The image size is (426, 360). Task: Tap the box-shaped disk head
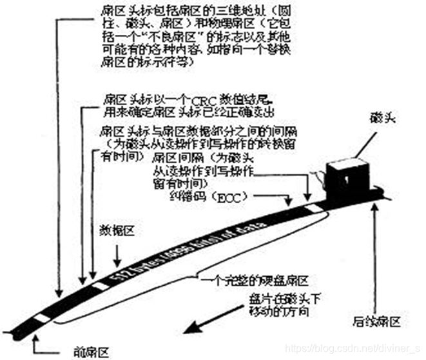[346, 175]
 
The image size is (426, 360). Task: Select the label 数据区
[117, 231]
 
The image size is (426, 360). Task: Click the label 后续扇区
[377, 321]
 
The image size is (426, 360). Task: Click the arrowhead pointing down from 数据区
[117, 263]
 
